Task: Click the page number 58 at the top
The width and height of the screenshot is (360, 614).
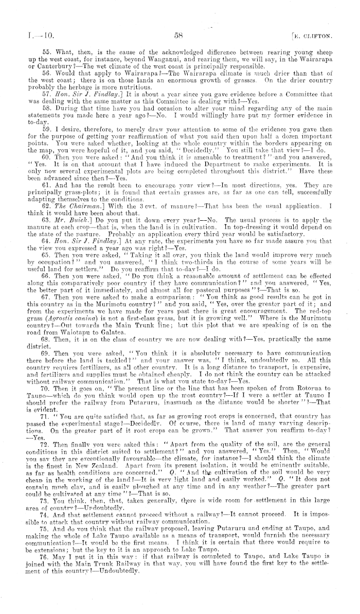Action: coord(179,36)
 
